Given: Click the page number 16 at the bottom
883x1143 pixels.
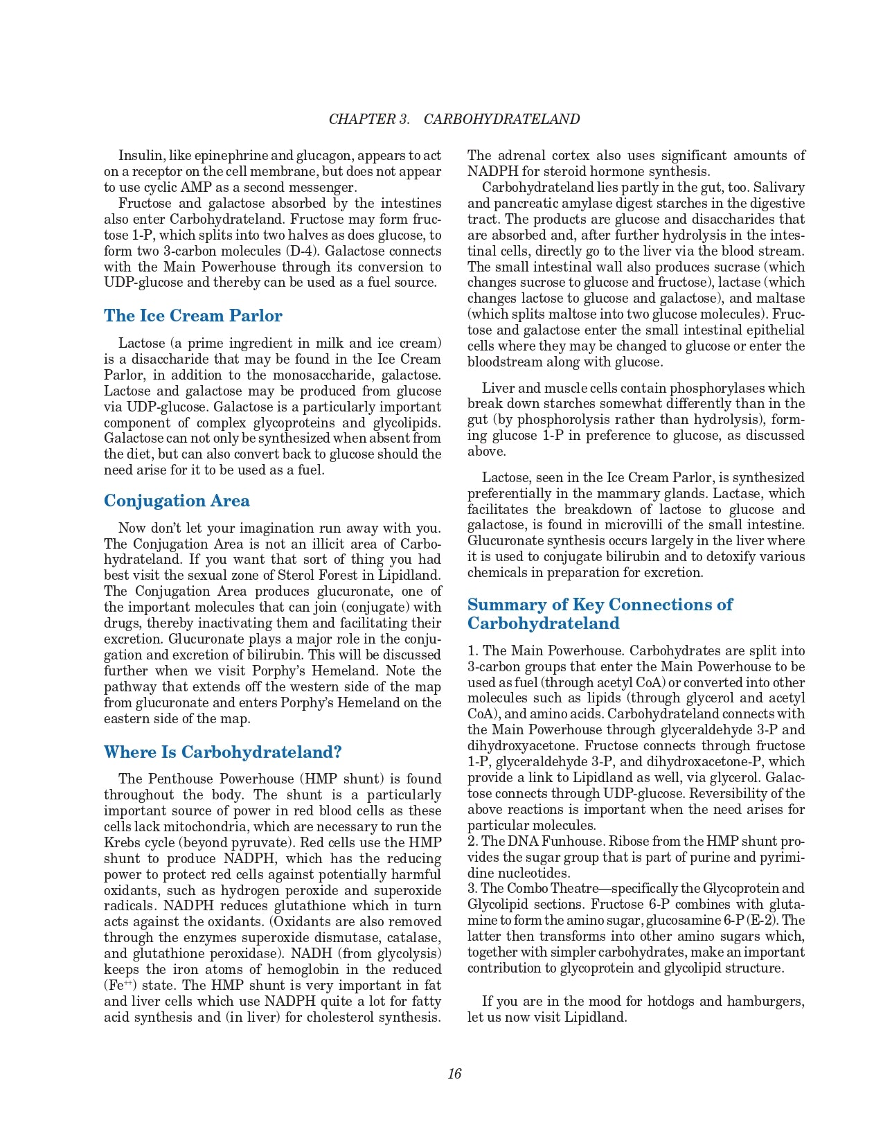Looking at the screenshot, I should point(454,1074).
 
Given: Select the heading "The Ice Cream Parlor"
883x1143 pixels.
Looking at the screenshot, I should point(193,316).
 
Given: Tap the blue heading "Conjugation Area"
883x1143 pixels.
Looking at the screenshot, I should point(177,501).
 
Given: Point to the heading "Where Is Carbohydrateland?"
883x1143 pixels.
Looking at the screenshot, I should point(222,752).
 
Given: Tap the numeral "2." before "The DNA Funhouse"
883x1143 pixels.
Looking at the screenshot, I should point(473,841).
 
